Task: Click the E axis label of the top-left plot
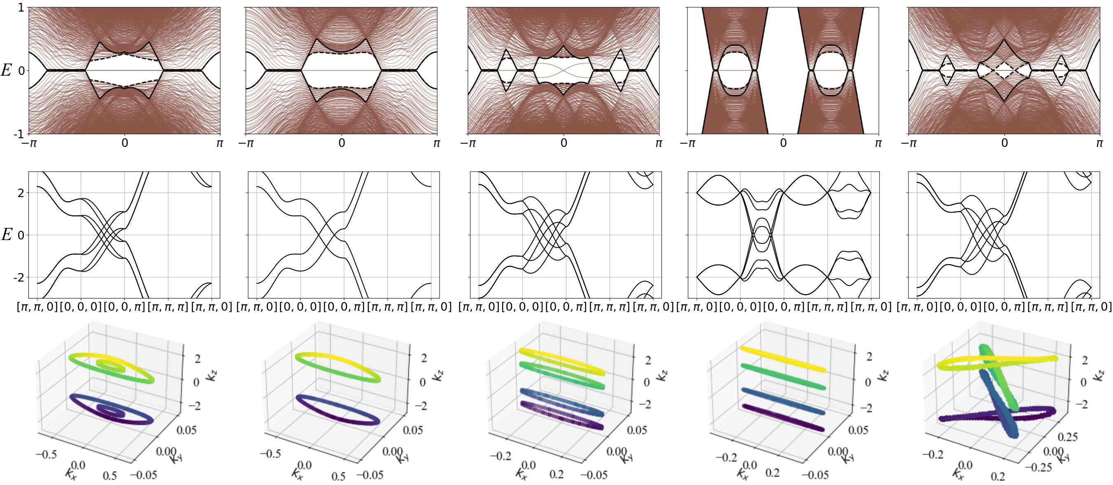pos(6,70)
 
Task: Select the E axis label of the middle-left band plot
pos(7,234)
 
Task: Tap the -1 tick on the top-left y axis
pos(19,134)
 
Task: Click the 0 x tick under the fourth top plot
pos(783,143)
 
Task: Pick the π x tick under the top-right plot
pos(1099,143)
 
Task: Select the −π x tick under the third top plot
pos(468,143)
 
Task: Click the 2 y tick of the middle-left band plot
pos(21,193)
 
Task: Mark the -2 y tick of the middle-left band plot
pos(19,277)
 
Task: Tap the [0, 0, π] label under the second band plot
pos(344,307)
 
